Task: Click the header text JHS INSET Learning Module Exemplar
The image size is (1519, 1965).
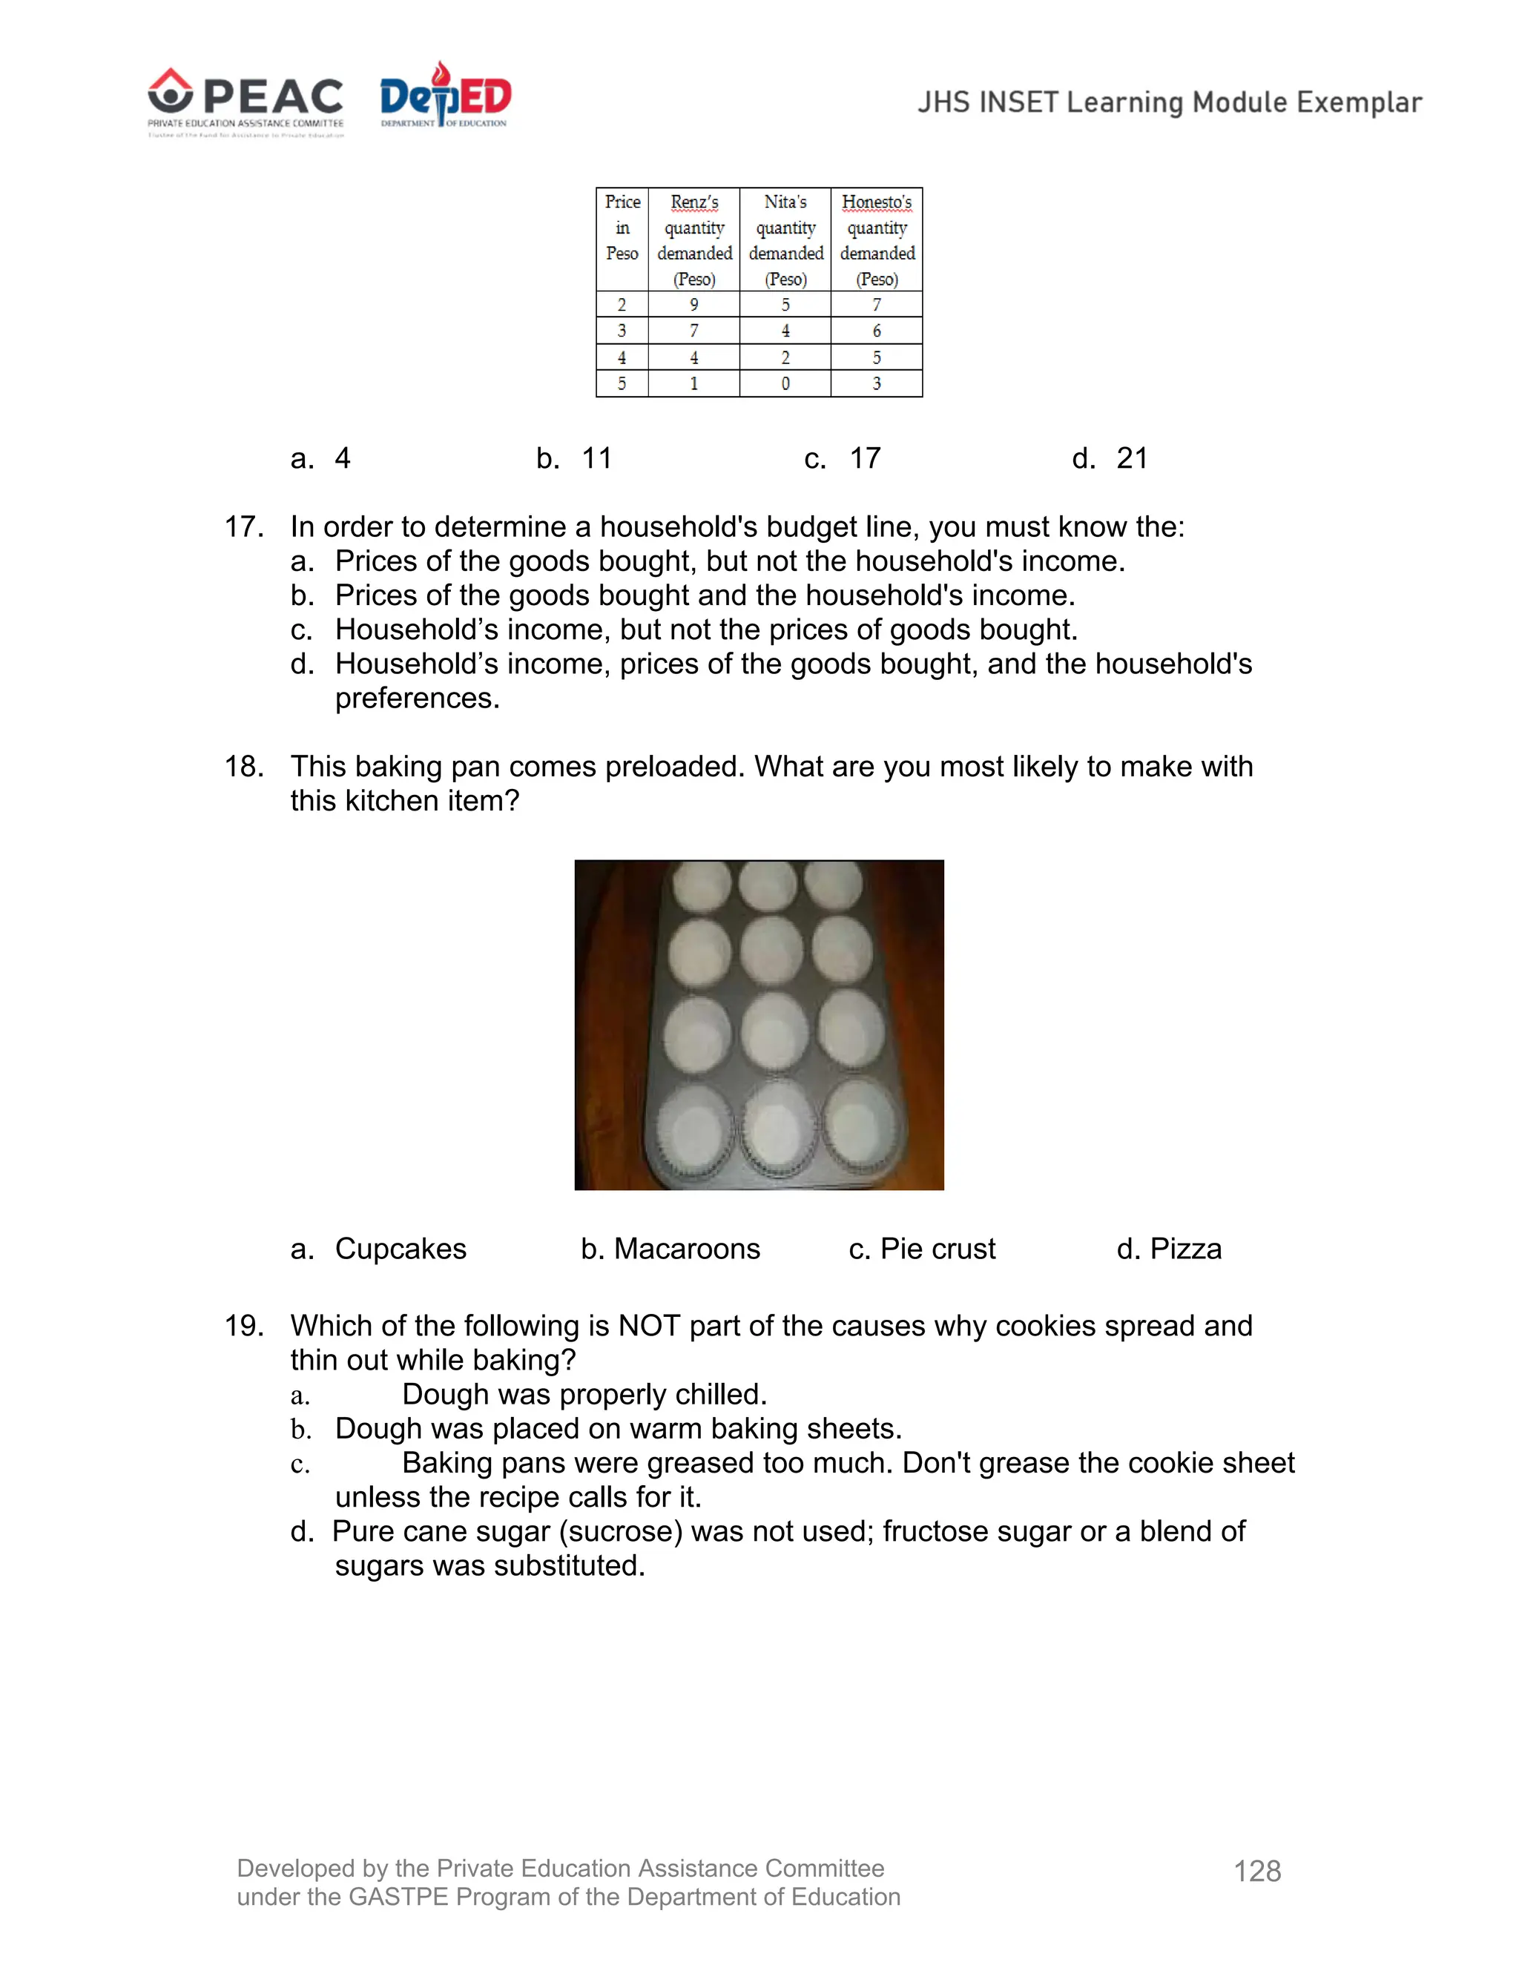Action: [x=1169, y=102]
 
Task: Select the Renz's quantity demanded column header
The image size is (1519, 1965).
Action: [x=693, y=240]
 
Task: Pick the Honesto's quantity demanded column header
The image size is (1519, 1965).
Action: [x=877, y=240]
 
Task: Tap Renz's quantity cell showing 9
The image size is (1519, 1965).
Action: [x=693, y=305]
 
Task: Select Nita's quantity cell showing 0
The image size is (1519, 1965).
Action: [x=785, y=384]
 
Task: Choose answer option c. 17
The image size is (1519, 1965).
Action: [x=843, y=459]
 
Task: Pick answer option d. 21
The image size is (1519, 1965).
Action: [x=1110, y=459]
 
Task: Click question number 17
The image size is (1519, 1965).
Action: [x=243, y=527]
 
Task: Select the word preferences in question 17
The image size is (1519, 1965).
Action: [x=417, y=699]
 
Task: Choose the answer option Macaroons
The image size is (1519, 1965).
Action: [x=686, y=1249]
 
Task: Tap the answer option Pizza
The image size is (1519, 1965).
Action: [x=1185, y=1249]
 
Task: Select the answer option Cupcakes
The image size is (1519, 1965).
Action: [x=401, y=1249]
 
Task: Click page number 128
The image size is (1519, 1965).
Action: [x=1257, y=1872]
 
